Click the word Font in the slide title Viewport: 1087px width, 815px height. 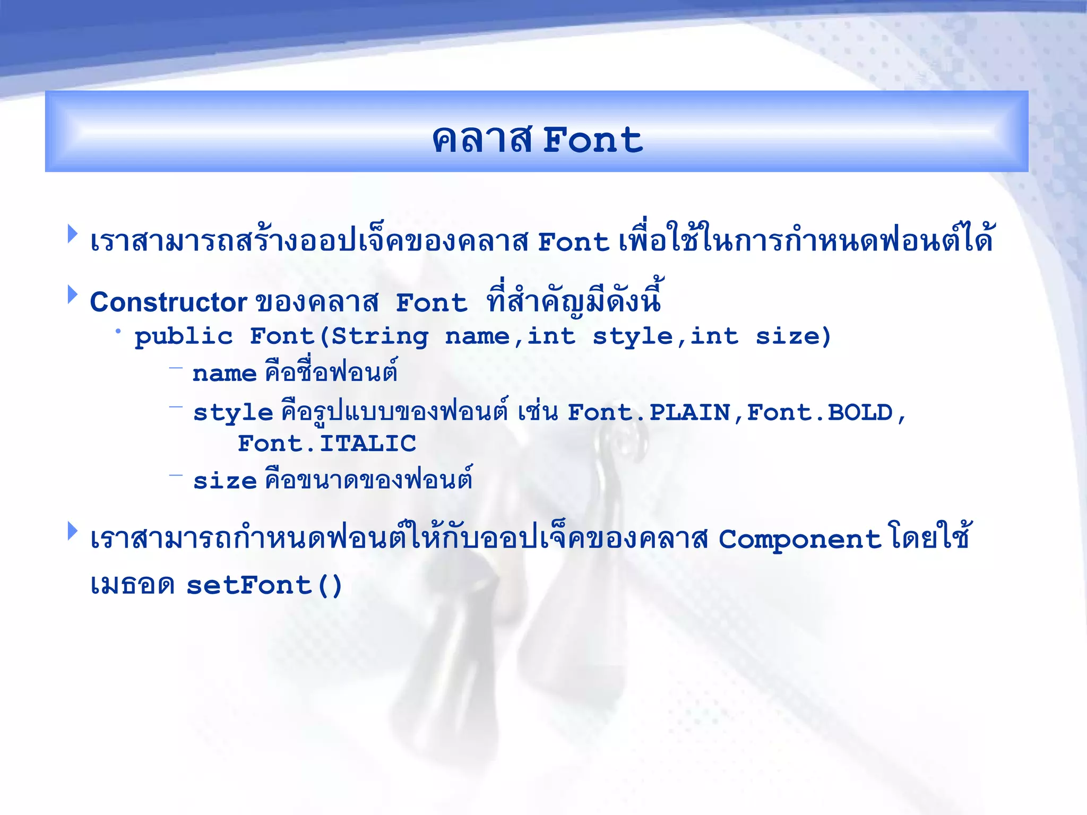coord(592,141)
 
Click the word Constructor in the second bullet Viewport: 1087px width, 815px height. coord(168,302)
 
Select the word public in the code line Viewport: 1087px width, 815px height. coord(184,337)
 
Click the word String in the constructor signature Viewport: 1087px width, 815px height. coord(380,337)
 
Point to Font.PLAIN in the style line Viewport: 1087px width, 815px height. coord(649,413)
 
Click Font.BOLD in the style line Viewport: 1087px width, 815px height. coord(820,413)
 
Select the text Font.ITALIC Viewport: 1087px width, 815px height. coord(326,444)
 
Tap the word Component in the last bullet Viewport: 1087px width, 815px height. coord(799,540)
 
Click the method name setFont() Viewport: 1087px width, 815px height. coord(264,586)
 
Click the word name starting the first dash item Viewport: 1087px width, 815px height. coord(225,374)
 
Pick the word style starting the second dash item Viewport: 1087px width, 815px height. coord(233,413)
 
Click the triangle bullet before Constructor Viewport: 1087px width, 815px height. coord(73,294)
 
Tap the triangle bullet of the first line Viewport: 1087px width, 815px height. coord(73,234)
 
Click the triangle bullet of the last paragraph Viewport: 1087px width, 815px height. coord(73,531)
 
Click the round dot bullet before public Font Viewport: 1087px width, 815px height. coord(118,332)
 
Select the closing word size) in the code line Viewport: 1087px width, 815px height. coord(793,337)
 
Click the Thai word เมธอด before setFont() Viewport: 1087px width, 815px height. coord(132,586)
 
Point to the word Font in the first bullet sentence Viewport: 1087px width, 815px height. coord(573,242)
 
